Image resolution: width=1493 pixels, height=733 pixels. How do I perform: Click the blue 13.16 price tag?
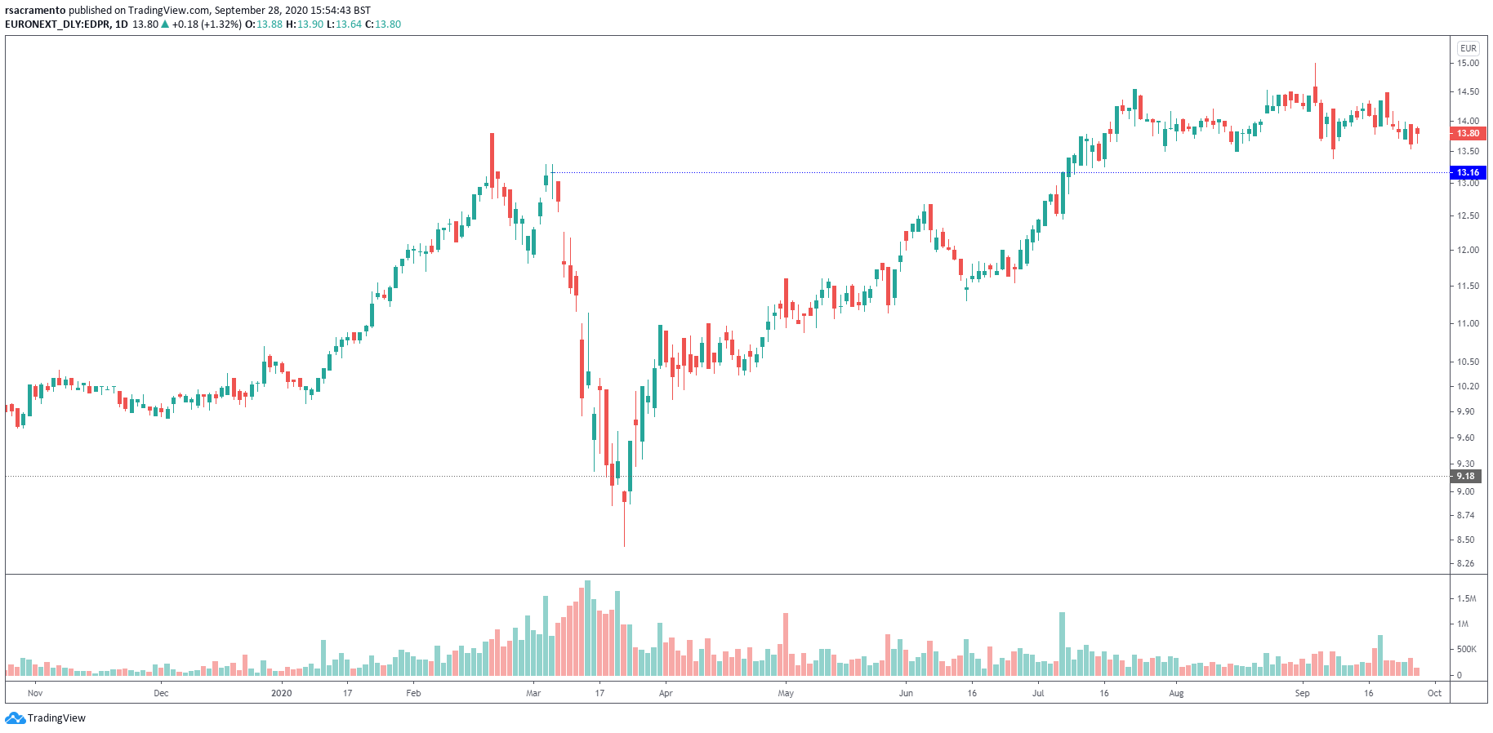pyautogui.click(x=1467, y=172)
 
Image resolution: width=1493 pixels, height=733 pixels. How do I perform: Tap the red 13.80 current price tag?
pyautogui.click(x=1467, y=133)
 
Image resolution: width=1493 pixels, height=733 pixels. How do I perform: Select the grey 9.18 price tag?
pyautogui.click(x=1465, y=476)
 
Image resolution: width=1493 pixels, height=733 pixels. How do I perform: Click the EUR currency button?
pyautogui.click(x=1468, y=48)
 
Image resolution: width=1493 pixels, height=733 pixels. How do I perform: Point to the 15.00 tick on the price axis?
pyautogui.click(x=1468, y=63)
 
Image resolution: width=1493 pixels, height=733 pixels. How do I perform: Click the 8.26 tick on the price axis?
pyautogui.click(x=1465, y=563)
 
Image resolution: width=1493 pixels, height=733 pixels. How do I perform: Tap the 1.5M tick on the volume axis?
pyautogui.click(x=1466, y=598)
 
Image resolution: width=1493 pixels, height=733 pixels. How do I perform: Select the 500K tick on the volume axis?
pyautogui.click(x=1466, y=650)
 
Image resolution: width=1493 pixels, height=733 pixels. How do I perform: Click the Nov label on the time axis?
pyautogui.click(x=35, y=693)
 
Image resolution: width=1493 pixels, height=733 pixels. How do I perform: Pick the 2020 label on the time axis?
pyautogui.click(x=281, y=693)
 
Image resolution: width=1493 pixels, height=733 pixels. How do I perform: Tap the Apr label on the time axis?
pyautogui.click(x=666, y=693)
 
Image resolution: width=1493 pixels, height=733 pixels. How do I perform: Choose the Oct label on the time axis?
pyautogui.click(x=1434, y=693)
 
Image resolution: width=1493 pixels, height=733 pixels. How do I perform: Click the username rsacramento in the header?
pyautogui.click(x=35, y=11)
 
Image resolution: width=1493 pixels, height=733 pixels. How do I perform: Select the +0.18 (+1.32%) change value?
pyautogui.click(x=207, y=24)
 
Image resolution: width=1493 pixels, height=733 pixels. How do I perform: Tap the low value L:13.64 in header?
pyautogui.click(x=344, y=24)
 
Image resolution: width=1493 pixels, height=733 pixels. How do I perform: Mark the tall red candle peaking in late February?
pyautogui.click(x=492, y=159)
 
